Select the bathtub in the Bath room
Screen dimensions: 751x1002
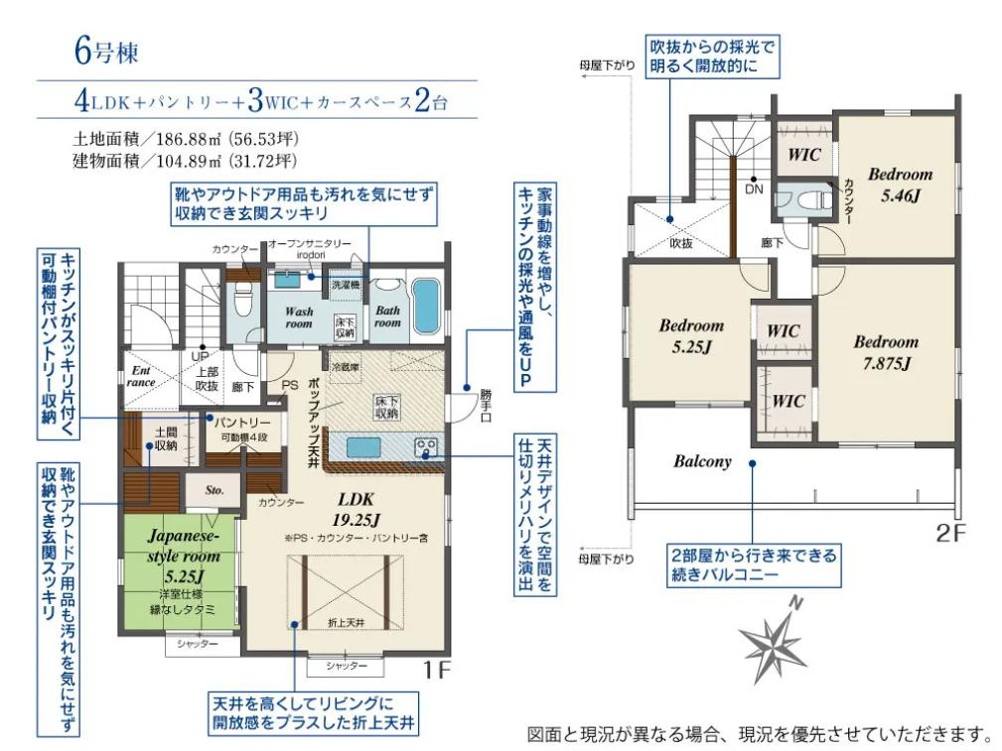tap(425, 309)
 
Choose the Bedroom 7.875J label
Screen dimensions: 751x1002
tap(887, 351)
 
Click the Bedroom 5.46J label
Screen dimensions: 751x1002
tap(900, 184)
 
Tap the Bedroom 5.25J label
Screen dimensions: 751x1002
tap(691, 334)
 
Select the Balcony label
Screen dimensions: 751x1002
tap(702, 461)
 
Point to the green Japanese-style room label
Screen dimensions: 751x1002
tap(181, 555)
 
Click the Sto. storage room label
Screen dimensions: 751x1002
tap(215, 490)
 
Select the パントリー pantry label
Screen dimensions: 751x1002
tap(242, 423)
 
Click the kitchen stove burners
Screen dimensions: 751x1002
tap(428, 447)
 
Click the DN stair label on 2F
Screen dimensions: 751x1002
tap(754, 188)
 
